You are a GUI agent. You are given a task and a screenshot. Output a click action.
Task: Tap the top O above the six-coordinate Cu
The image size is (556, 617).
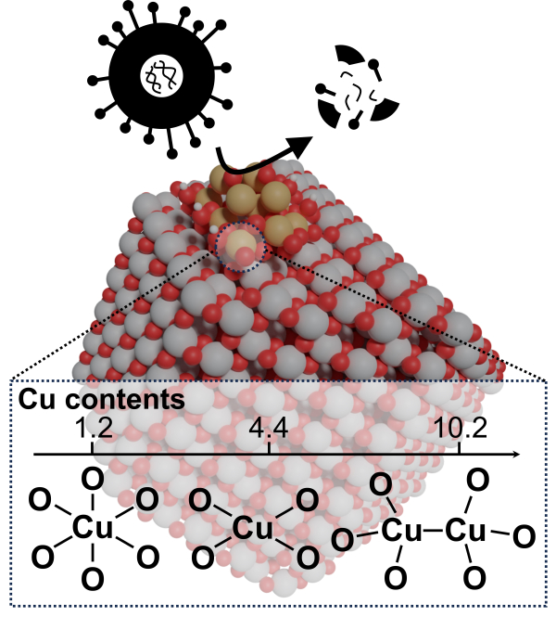pos(92,480)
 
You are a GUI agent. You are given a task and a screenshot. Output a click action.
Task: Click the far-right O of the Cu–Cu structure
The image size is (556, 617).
pos(524,535)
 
